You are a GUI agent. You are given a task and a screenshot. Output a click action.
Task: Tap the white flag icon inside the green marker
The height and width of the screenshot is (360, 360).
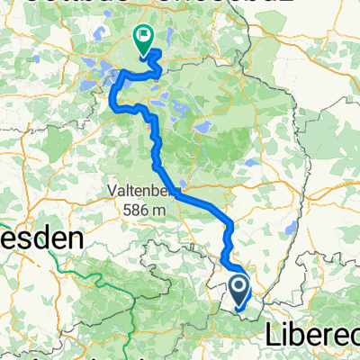point(142,36)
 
